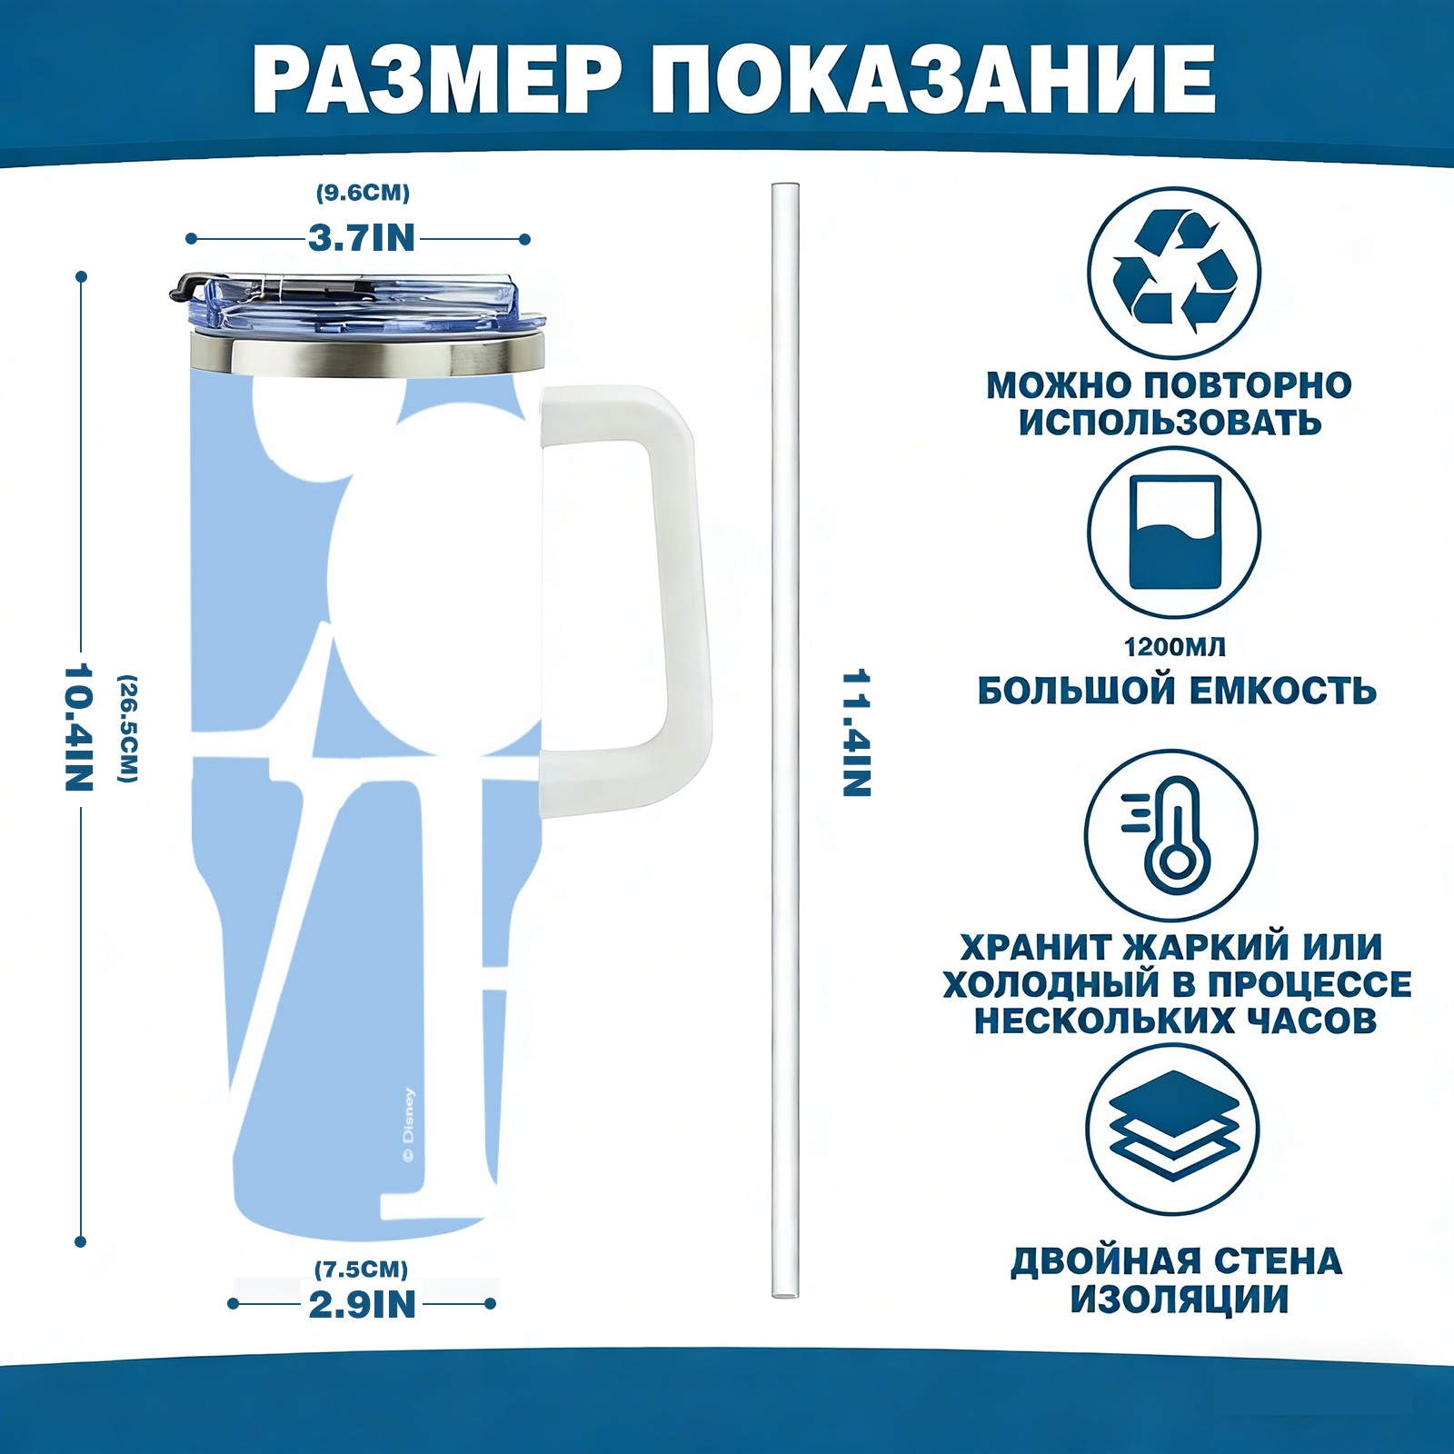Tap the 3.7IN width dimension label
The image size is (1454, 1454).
[362, 238]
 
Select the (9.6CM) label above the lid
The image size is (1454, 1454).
[363, 193]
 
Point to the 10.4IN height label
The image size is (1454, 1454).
[80, 728]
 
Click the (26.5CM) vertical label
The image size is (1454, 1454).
[128, 728]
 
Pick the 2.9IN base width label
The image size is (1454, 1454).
[363, 1304]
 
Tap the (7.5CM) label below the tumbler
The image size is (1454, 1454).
[362, 1269]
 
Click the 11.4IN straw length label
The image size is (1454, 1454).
[857, 732]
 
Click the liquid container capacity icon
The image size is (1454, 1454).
[1175, 532]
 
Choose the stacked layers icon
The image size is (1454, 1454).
[1174, 1126]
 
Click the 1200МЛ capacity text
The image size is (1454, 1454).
[1175, 647]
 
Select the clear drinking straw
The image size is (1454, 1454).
[785, 740]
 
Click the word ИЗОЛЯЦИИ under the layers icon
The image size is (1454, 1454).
[1179, 1300]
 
